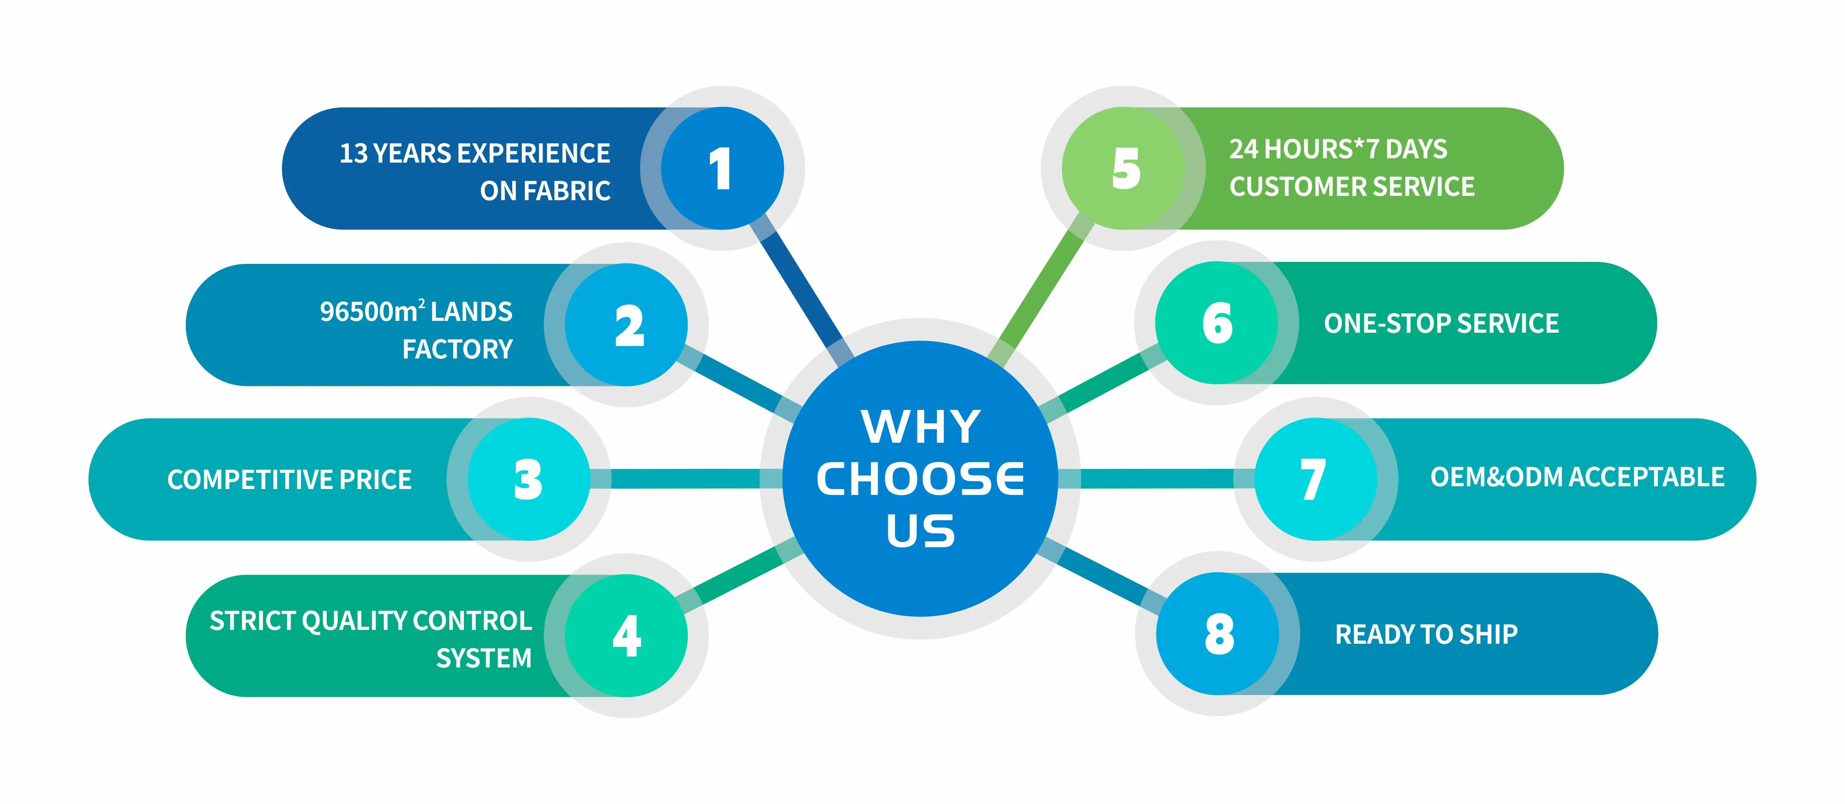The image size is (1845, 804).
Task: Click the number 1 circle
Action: point(722,169)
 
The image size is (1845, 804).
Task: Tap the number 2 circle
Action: point(627,324)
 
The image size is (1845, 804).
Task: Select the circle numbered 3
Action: point(528,479)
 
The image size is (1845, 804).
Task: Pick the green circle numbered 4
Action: point(627,635)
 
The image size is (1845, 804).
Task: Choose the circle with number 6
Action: point(1217,323)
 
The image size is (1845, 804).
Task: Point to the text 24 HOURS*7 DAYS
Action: point(1338,149)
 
